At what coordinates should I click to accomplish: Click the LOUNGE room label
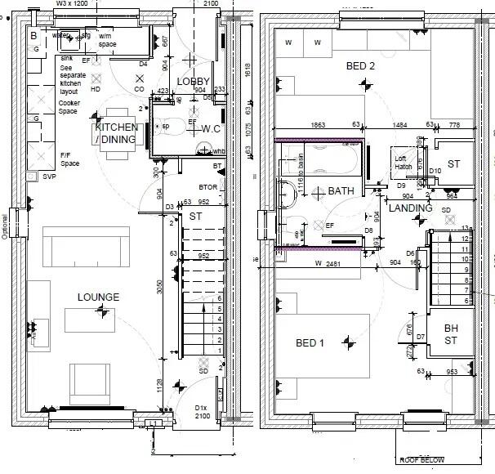(x=98, y=297)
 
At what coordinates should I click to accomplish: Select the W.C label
(x=211, y=128)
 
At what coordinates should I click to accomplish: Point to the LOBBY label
(x=194, y=81)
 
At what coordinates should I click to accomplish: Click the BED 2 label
(x=360, y=65)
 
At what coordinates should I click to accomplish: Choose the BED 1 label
(x=310, y=343)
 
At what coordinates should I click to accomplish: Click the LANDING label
(x=410, y=208)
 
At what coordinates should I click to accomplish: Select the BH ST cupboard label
(x=451, y=334)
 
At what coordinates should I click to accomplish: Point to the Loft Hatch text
(x=402, y=163)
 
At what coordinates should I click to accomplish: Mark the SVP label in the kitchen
(x=49, y=176)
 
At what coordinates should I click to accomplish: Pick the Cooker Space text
(x=69, y=107)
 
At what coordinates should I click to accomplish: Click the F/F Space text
(x=69, y=159)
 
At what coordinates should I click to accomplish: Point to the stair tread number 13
(x=466, y=227)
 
